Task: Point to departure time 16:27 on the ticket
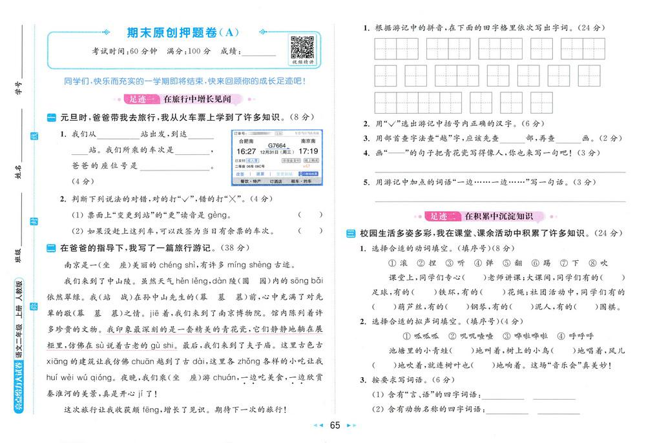point(247,152)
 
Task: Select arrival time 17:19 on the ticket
point(308,151)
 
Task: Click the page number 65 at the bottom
point(335,425)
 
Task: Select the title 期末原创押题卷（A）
point(174,32)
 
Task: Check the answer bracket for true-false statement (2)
point(311,231)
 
